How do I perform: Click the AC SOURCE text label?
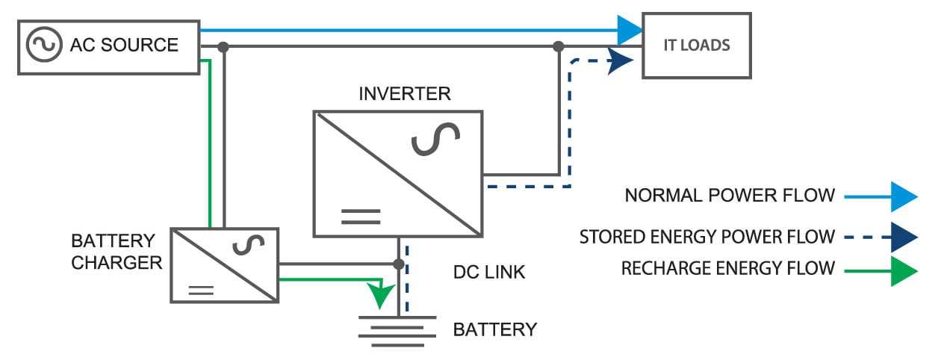(124, 45)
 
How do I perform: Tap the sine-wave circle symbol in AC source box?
(43, 45)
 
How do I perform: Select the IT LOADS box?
(697, 45)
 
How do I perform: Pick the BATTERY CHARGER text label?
(117, 252)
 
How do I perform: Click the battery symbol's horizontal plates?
(397, 326)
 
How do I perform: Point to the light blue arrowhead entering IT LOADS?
(630, 30)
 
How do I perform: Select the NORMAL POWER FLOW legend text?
(730, 196)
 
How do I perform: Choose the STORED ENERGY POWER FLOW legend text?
(707, 238)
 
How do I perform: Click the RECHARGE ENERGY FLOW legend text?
(727, 268)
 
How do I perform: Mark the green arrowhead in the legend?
(903, 271)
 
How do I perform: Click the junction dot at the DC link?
(399, 264)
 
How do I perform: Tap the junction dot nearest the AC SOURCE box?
(223, 47)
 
